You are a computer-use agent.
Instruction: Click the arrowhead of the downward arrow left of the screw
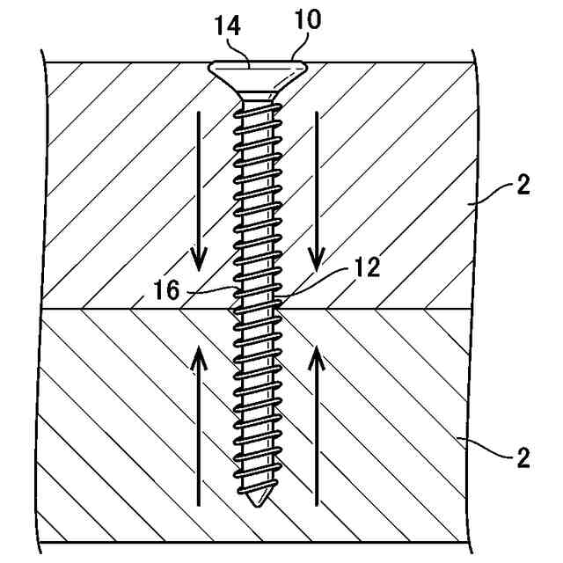201,261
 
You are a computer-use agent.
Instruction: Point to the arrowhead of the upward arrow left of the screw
201,355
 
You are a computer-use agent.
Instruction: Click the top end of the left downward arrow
201,113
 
